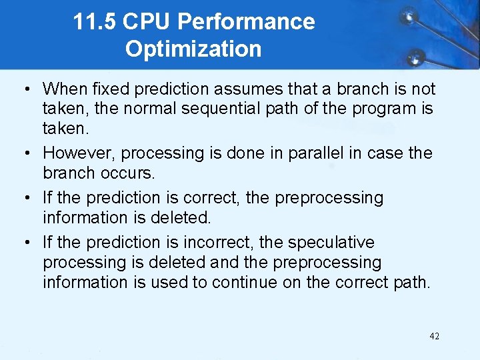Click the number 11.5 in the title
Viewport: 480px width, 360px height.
coord(95,22)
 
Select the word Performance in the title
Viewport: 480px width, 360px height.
coord(246,22)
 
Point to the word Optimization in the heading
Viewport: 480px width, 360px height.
coord(193,49)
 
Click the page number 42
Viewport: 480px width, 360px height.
coord(434,336)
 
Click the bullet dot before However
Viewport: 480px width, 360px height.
coord(25,153)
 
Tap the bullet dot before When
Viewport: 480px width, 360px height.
coord(25,89)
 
